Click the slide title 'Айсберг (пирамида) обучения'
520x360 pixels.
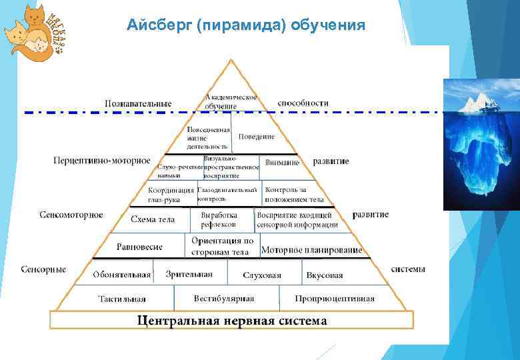[x=246, y=25]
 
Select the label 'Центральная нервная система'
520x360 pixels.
[x=231, y=321]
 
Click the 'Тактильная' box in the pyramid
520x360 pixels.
[x=122, y=299]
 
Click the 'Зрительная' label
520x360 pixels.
[x=189, y=273]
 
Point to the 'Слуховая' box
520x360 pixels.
[x=262, y=275]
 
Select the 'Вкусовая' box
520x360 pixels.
[x=325, y=275]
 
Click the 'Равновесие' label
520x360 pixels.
[x=139, y=246]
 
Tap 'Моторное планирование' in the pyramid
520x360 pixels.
[x=311, y=251]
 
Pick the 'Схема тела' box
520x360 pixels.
[x=153, y=219]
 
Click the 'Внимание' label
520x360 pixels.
[x=282, y=162]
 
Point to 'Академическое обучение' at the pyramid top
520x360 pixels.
[x=231, y=101]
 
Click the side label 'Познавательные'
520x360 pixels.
[x=138, y=103]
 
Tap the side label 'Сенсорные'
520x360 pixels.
[x=44, y=269]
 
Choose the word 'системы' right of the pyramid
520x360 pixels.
[x=408, y=269]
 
